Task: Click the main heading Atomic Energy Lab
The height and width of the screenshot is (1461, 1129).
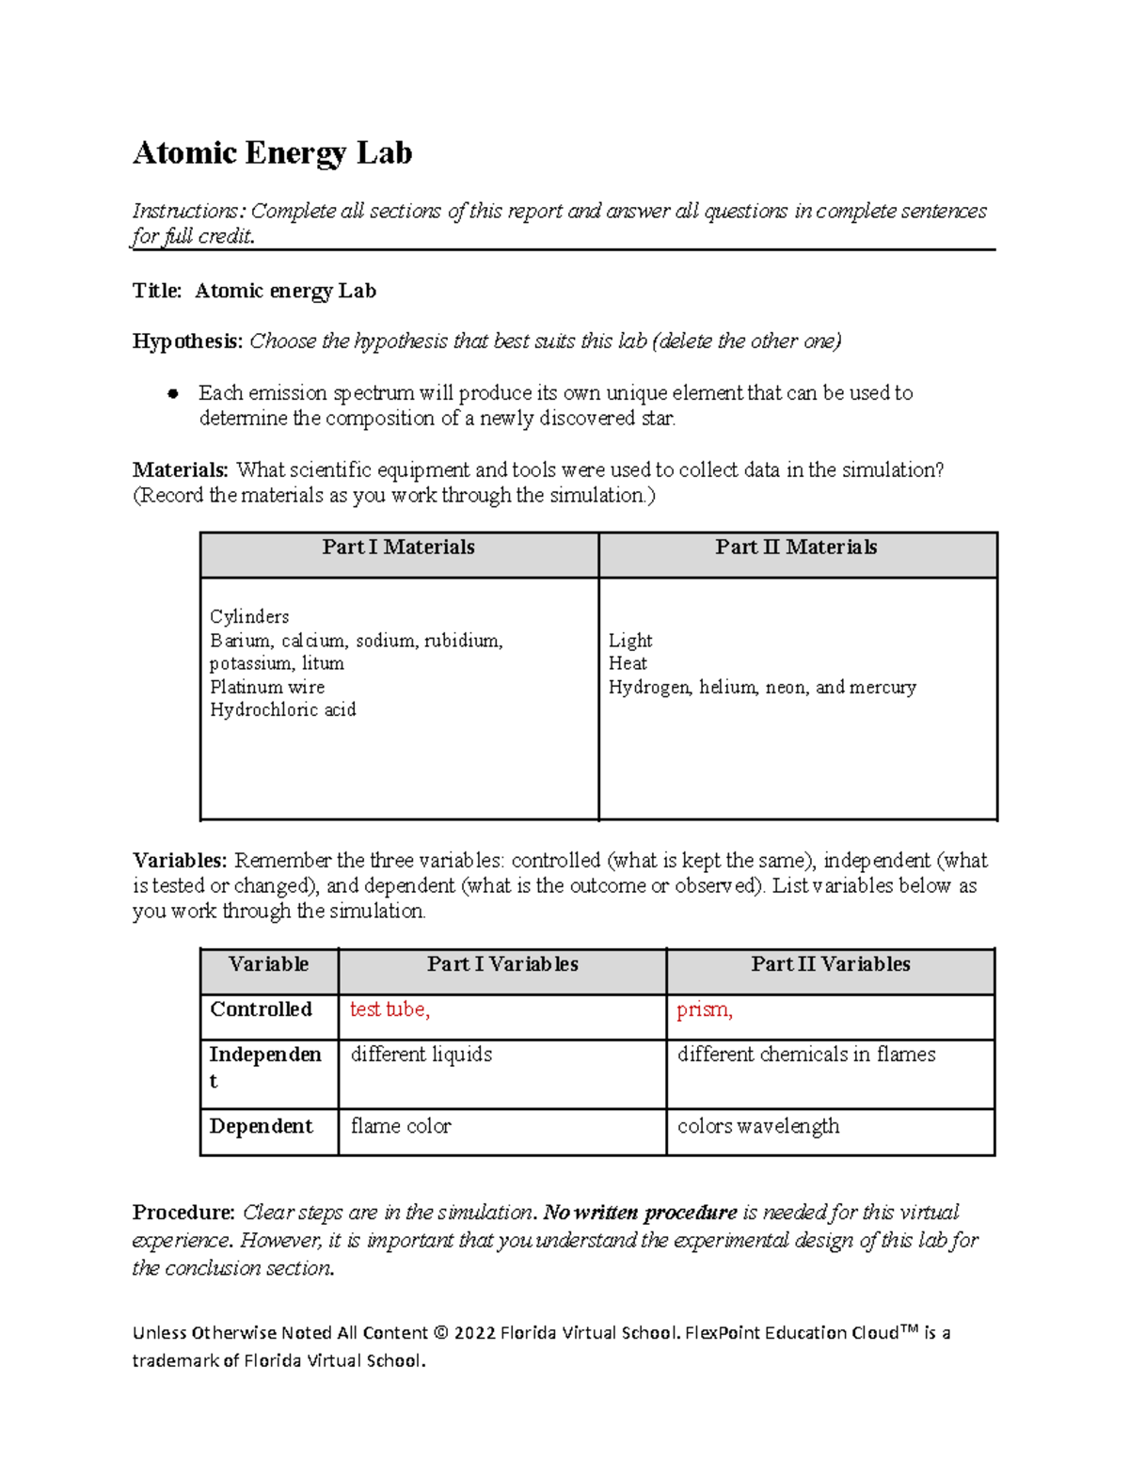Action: [x=272, y=152]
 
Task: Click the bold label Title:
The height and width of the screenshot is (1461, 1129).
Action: [x=157, y=291]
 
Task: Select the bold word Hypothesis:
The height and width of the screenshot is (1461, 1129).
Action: [x=187, y=341]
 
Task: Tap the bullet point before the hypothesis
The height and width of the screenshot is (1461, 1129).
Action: [x=172, y=394]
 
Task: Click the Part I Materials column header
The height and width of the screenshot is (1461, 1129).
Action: [x=398, y=548]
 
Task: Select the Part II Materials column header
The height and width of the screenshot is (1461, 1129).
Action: [x=796, y=548]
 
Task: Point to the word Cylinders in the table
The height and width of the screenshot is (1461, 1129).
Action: [x=249, y=617]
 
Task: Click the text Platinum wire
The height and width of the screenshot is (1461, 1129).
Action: [x=267, y=688]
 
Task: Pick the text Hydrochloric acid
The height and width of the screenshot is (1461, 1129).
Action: [x=282, y=710]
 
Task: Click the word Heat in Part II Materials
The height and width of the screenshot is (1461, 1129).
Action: [x=628, y=663]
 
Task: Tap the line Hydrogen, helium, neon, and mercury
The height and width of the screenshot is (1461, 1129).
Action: [x=762, y=688]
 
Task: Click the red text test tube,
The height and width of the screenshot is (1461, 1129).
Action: [x=390, y=1009]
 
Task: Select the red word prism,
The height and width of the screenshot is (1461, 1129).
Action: [x=705, y=1009]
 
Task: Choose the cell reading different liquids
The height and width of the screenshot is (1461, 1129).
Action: [x=421, y=1055]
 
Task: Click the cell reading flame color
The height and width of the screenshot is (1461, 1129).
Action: [x=401, y=1126]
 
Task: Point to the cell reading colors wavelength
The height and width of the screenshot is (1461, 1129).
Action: [x=758, y=1126]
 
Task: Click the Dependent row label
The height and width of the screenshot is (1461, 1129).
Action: [x=261, y=1126]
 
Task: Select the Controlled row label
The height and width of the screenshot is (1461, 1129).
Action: [x=261, y=1009]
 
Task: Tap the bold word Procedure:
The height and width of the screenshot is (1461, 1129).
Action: [x=183, y=1212]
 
